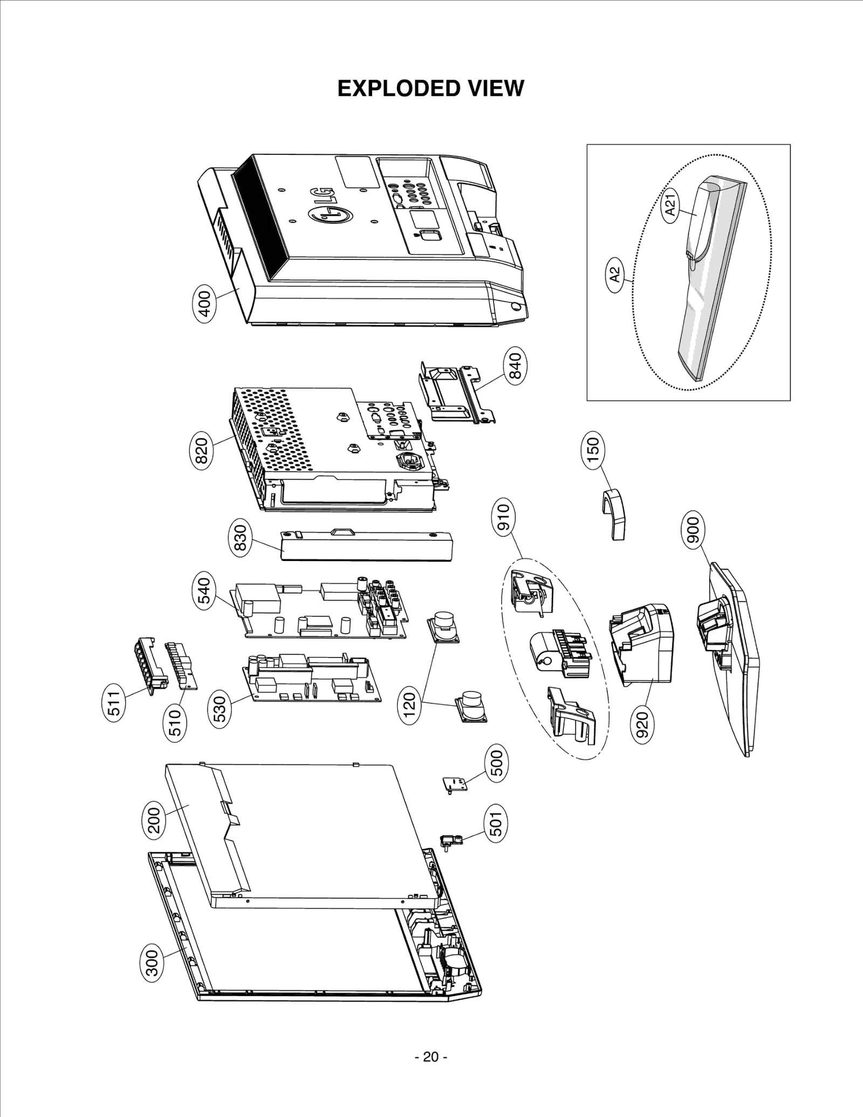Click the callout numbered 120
tap(410, 703)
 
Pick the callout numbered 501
tap(496, 824)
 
